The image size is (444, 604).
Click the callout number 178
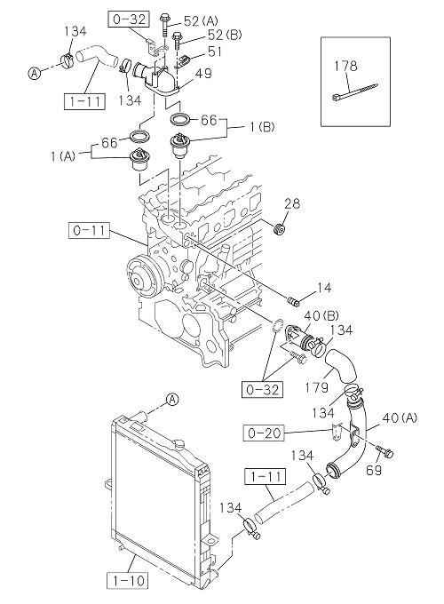pyautogui.click(x=345, y=66)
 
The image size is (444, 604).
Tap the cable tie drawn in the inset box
pyautogui.click(x=354, y=91)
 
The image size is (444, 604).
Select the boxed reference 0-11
pyautogui.click(x=89, y=231)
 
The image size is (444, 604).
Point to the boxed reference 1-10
pyautogui.click(x=127, y=580)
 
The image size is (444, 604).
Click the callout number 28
pyautogui.click(x=292, y=203)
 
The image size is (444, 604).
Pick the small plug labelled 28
pyautogui.click(x=279, y=229)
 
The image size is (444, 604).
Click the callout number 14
pyautogui.click(x=324, y=288)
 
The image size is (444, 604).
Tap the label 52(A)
pyautogui.click(x=201, y=20)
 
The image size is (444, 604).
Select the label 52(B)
pyautogui.click(x=225, y=35)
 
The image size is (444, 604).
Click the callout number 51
pyautogui.click(x=215, y=52)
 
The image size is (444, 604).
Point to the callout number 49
pyautogui.click(x=203, y=73)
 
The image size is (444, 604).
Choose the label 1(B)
pyautogui.click(x=263, y=127)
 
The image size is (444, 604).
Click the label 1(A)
pyautogui.click(x=63, y=156)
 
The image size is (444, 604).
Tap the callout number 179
pyautogui.click(x=317, y=387)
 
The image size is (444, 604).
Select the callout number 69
pyautogui.click(x=374, y=470)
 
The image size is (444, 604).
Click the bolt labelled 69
pyautogui.click(x=385, y=452)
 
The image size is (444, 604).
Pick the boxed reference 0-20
pyautogui.click(x=265, y=433)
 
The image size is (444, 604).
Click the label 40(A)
pyautogui.click(x=400, y=418)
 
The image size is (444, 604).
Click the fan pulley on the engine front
pyautogui.click(x=142, y=277)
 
